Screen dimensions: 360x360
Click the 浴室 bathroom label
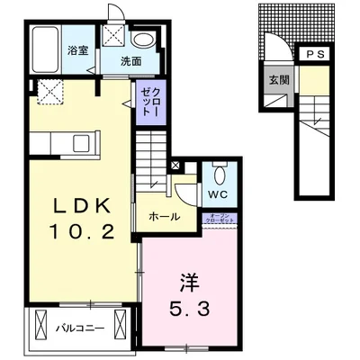click(x=77, y=50)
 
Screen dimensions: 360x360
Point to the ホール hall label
click(x=163, y=216)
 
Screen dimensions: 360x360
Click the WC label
click(x=218, y=194)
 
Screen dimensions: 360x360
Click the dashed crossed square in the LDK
click(x=47, y=90)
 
